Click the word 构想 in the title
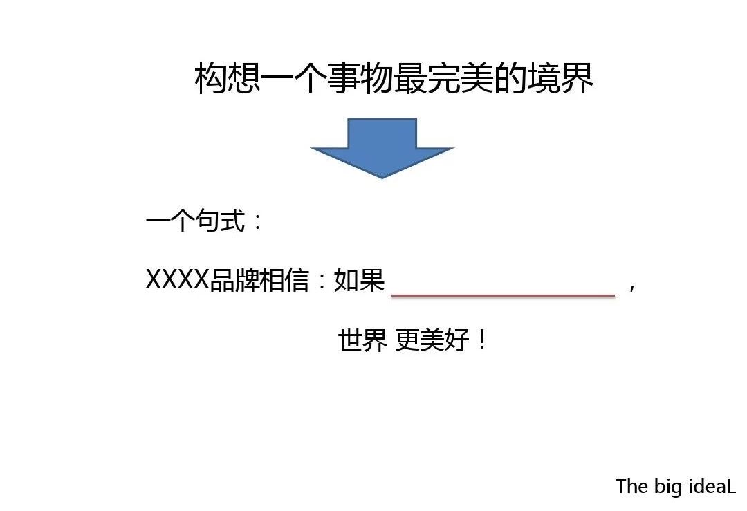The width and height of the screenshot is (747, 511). pos(228,78)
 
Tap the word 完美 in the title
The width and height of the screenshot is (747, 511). pos(460,78)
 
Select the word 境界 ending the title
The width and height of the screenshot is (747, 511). pos(560,78)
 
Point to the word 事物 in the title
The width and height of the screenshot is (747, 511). pos(360,78)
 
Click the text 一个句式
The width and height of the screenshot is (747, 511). pos(195,221)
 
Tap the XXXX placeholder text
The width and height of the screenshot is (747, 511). pos(177,279)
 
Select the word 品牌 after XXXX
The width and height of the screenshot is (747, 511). pos(234,279)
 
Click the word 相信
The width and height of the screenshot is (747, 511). pos(284,279)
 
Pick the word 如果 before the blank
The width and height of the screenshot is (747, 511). pos(359,279)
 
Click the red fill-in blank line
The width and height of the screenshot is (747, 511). pos(503,296)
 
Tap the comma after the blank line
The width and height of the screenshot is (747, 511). pos(631,287)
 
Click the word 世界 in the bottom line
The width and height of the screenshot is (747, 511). pos(362,340)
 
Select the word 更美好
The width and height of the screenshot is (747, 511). pos(432,340)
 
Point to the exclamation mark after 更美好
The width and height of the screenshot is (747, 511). pos(482,340)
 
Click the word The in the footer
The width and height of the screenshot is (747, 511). pos(632,486)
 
